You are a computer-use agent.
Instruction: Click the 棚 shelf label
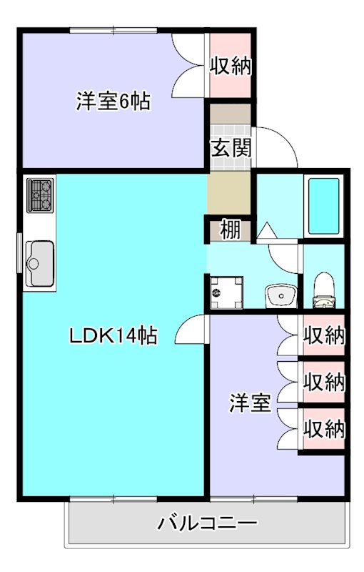(x=229, y=230)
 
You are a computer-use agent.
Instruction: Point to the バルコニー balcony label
(x=207, y=523)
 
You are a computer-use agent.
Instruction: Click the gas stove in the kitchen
(x=40, y=195)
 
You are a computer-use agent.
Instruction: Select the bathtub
(x=325, y=204)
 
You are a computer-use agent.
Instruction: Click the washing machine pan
(x=226, y=292)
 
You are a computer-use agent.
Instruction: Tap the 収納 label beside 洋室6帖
(x=230, y=66)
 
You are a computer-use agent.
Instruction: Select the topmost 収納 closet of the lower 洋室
(x=324, y=335)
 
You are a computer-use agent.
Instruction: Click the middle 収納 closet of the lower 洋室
(x=324, y=383)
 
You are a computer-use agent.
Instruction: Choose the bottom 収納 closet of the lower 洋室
(x=324, y=429)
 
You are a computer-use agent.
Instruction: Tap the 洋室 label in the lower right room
(x=249, y=403)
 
